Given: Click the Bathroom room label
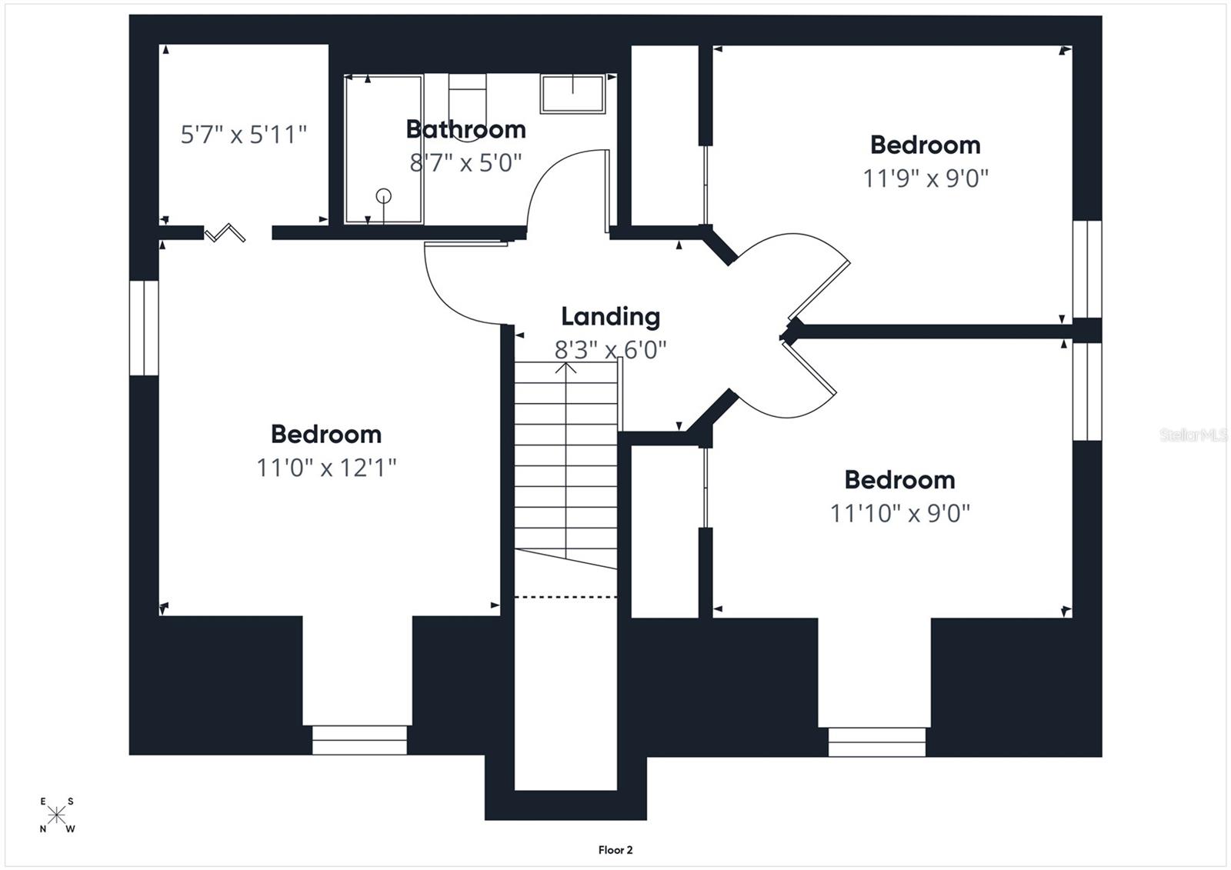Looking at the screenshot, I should point(465,129).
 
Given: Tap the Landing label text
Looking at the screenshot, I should point(610,316).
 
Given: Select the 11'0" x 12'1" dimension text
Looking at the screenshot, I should point(326,467).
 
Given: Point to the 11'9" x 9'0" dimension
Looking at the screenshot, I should point(925,178).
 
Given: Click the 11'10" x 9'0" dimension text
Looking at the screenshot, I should point(899,513).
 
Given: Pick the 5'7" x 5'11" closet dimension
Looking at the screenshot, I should point(243,135).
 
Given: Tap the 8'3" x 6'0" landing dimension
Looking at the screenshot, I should point(610,350).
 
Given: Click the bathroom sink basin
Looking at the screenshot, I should point(572,94).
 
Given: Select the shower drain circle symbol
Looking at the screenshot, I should point(383,196).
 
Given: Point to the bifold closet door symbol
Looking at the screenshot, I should point(225,232).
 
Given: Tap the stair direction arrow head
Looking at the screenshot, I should point(566,367).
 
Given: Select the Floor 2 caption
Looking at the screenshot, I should point(615,850).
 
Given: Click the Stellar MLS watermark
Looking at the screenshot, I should point(1193,435).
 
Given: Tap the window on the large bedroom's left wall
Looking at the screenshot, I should point(144,328).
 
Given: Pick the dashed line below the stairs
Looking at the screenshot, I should point(565,596).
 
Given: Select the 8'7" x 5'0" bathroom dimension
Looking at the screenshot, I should point(465,163).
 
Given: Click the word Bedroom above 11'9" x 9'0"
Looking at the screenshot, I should point(925,145).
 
